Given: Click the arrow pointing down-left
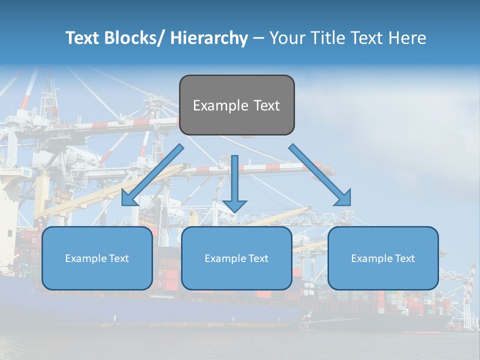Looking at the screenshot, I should tap(152, 175).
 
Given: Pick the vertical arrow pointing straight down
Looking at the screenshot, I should tap(234, 182).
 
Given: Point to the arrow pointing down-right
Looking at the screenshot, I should tap(320, 175).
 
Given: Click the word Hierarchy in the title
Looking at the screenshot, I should tap(208, 38).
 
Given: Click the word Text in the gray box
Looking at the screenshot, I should tap(266, 105).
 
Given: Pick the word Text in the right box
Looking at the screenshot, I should tap(404, 258).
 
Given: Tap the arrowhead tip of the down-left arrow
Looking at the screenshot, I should tap(123, 204).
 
